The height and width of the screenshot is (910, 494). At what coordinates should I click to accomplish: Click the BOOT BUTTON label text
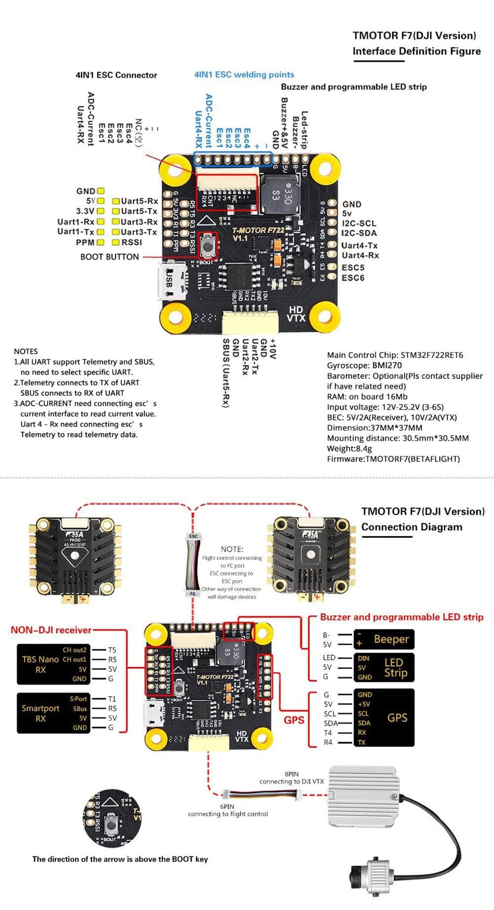109,257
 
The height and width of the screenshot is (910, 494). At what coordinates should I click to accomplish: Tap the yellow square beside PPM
101,242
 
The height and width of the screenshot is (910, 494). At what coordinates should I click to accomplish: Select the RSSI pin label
132,242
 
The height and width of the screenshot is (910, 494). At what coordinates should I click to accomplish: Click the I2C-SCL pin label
359,223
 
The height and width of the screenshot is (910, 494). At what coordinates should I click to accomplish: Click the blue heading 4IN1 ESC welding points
244,75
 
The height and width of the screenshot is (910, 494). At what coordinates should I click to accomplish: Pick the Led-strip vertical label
304,129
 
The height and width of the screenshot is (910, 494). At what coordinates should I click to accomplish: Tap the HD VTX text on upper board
296,314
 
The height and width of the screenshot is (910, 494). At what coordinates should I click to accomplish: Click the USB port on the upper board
171,281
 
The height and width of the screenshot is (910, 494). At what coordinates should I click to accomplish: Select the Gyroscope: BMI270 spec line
364,365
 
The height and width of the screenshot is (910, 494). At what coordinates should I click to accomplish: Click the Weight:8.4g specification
349,448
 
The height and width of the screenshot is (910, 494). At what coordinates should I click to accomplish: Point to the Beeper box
384,639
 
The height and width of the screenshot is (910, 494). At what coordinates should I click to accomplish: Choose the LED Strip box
384,668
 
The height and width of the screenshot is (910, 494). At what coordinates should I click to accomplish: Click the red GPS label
294,720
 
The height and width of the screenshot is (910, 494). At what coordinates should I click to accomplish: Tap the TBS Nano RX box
53,664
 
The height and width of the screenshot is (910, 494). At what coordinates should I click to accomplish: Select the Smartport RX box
53,713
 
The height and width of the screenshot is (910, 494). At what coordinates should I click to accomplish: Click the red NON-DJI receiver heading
51,630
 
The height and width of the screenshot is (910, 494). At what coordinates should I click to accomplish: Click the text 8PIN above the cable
291,774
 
